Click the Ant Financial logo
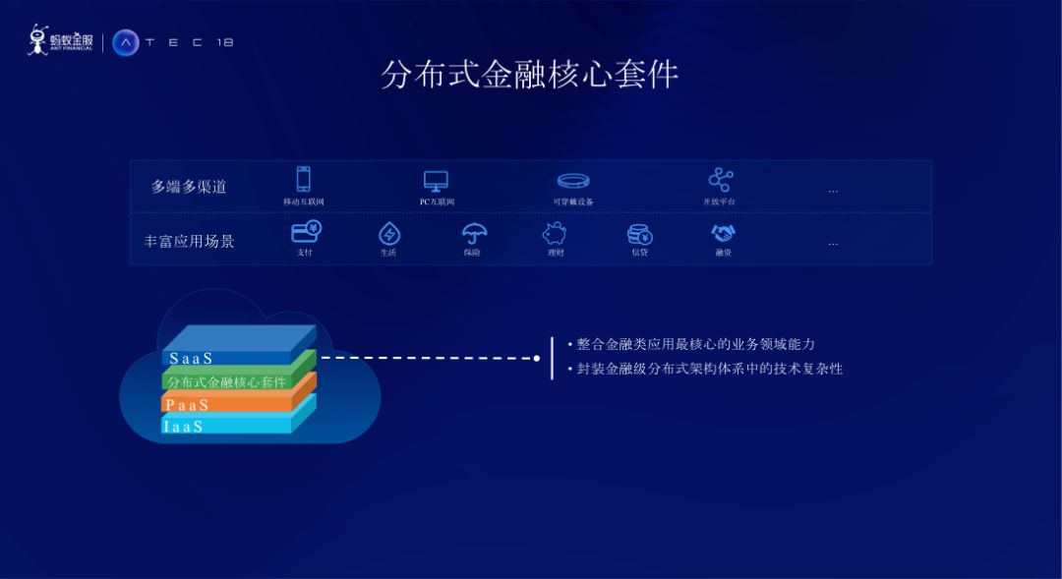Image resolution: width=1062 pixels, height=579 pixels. [x=60, y=40]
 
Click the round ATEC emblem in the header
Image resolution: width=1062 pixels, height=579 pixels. [x=126, y=42]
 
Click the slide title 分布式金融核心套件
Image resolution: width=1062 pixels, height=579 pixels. [x=530, y=75]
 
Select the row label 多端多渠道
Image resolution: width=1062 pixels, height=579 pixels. [x=189, y=187]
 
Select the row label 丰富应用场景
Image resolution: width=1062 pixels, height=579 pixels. [x=189, y=241]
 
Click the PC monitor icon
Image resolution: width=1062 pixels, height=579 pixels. [x=436, y=181]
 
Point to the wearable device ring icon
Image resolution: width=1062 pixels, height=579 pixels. [x=573, y=181]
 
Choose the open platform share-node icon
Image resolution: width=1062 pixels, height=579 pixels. [x=721, y=180]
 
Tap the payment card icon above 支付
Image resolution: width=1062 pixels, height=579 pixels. [x=306, y=232]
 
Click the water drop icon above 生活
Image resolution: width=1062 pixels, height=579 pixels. [x=389, y=234]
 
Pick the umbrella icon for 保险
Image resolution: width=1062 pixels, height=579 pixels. [x=474, y=234]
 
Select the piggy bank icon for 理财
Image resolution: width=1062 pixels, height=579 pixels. [x=555, y=234]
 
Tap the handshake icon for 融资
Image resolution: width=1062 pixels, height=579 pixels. [x=724, y=234]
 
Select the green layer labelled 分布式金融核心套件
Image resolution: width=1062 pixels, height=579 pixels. [x=227, y=381]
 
